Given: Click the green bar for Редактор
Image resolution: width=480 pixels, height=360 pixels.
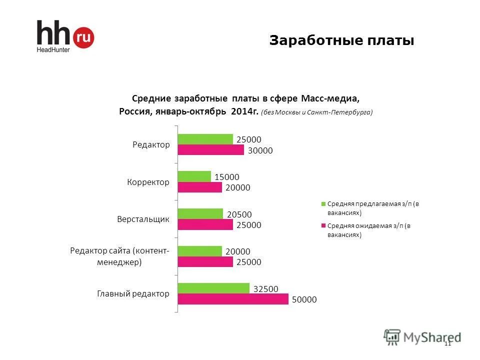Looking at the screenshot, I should coord(205,139).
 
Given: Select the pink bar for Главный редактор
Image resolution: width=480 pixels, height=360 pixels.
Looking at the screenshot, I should coord(233,299).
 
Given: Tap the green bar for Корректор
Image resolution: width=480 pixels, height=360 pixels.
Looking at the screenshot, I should coord(194,176).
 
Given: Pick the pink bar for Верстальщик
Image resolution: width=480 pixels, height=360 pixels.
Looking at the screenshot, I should coord(205,225).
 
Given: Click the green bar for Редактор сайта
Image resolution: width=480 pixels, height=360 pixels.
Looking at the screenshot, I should coord(199,251).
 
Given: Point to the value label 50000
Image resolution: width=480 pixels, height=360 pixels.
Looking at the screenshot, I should coord(305,299).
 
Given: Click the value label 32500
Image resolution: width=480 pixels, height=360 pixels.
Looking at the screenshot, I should coord(266,288).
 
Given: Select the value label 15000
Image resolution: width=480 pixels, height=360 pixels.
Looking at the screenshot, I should coord(227,176).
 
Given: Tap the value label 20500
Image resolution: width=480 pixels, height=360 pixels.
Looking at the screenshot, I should coord(239,214).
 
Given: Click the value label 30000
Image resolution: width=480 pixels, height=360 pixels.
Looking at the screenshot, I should coord(260,150).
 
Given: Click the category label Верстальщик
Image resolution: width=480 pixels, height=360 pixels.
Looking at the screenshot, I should coord(143,219).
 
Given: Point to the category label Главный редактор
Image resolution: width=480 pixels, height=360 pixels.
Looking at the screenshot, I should coord(133,293).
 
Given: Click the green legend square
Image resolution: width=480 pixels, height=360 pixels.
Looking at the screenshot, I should coord(323,204).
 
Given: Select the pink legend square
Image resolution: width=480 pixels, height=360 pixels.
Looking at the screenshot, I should coord(323,226).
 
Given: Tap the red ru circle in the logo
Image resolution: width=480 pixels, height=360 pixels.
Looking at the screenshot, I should coord(83,37).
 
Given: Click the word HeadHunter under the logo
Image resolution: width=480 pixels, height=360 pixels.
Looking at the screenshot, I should coord(52,49).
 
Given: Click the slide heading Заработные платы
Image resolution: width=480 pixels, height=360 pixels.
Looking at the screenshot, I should coord(341,40).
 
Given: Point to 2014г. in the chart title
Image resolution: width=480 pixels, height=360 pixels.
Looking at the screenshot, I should coord(244,111).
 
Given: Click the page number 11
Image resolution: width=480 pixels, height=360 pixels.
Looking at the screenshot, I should coord(447,343).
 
